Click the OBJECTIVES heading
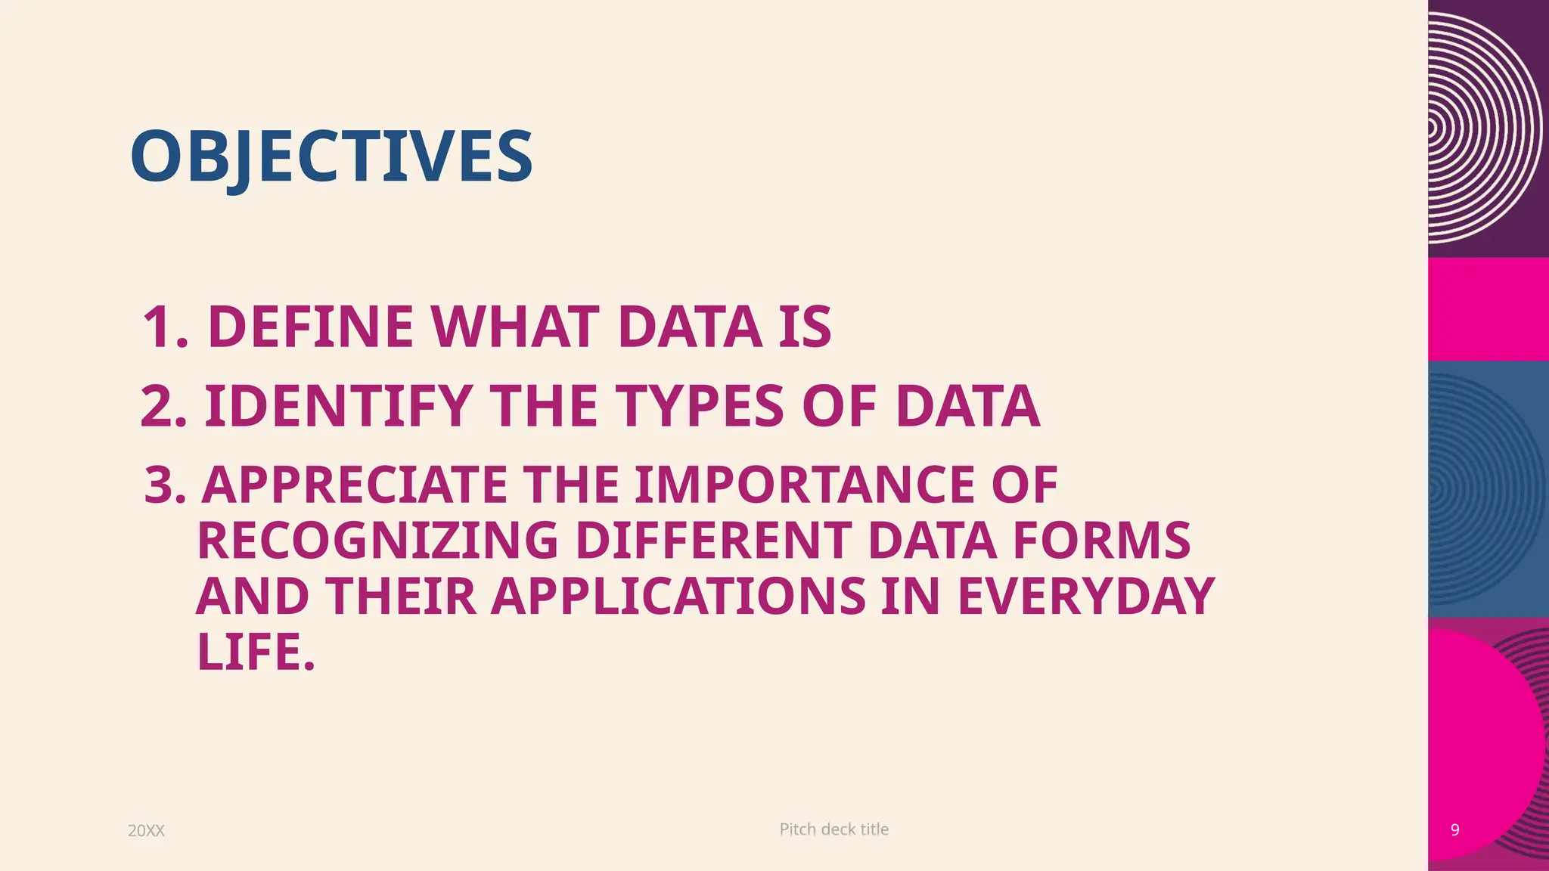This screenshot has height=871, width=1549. (x=331, y=157)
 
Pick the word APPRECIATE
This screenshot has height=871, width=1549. (x=355, y=485)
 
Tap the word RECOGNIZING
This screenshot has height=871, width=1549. (x=377, y=541)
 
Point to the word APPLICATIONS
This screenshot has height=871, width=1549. (x=678, y=597)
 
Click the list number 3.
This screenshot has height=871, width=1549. (x=164, y=485)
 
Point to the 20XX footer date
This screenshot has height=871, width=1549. (x=146, y=831)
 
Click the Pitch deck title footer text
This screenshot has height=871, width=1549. (x=833, y=829)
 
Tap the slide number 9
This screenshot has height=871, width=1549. (x=1454, y=830)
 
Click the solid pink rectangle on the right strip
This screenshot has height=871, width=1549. (x=1488, y=309)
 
